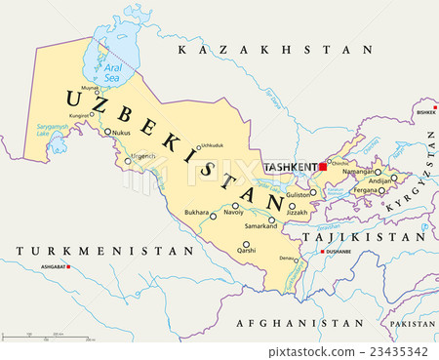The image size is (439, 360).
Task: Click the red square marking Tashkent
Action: pyautogui.click(x=324, y=167)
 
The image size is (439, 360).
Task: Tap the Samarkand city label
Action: pyautogui.click(x=259, y=226)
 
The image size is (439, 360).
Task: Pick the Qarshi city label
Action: pyautogui.click(x=247, y=252)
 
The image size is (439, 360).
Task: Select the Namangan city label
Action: pyautogui.click(x=359, y=172)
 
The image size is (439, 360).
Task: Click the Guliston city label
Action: pyautogui.click(x=299, y=195)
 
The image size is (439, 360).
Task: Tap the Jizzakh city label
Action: pyautogui.click(x=296, y=212)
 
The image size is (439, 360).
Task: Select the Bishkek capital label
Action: pyautogui.click(x=425, y=112)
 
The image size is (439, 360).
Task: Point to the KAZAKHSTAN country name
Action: pyautogui.click(x=270, y=49)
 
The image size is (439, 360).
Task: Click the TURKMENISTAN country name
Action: pyautogui.click(x=104, y=251)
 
